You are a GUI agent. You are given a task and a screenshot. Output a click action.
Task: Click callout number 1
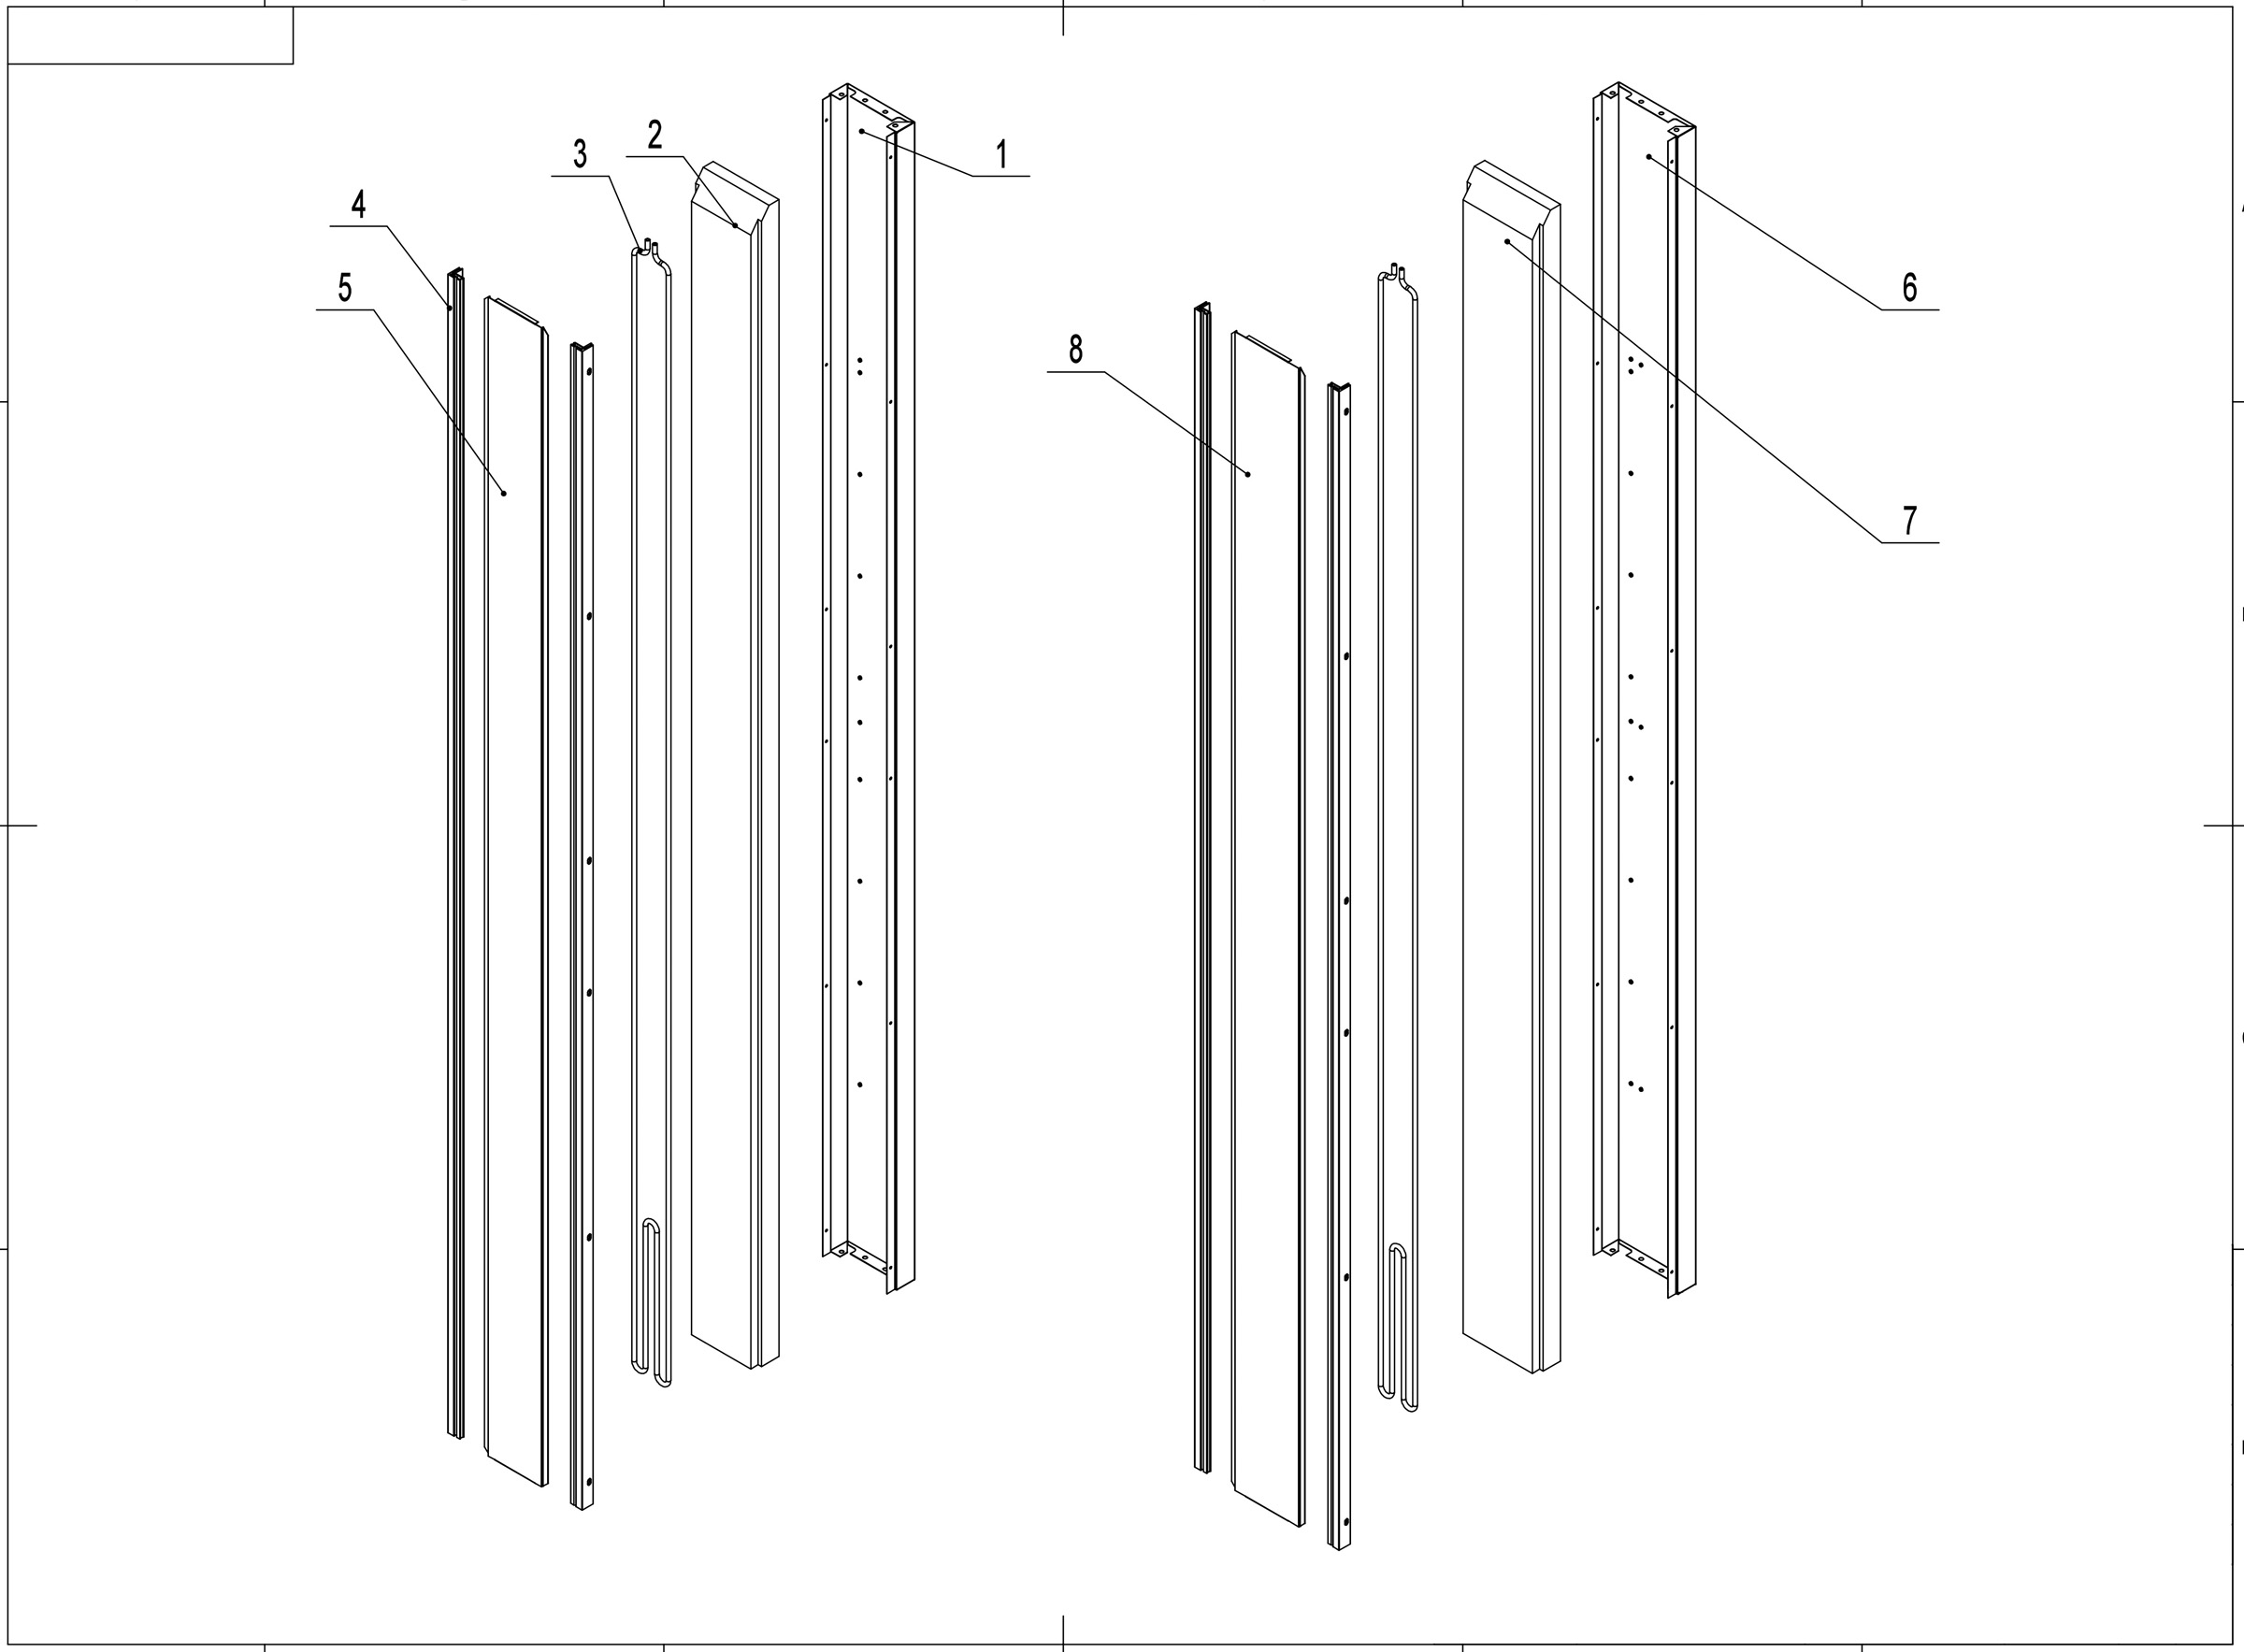tap(1001, 156)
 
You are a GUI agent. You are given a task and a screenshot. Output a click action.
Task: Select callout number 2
tap(655, 136)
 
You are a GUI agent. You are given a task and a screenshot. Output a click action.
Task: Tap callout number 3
tap(580, 155)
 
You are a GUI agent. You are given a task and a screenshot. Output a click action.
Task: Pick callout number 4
tap(358, 206)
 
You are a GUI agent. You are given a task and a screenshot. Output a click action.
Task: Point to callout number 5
tap(345, 288)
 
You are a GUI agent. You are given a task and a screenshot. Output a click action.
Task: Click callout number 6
tap(1909, 288)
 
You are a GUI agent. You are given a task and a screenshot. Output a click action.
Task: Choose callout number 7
tap(1909, 521)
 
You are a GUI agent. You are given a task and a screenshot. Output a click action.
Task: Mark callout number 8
tap(1075, 350)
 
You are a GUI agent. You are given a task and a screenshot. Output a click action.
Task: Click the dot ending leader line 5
tap(504, 493)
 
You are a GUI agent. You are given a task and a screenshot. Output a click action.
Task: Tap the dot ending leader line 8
tap(1248, 474)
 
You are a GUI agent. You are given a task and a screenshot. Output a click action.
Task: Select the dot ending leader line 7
tap(1507, 241)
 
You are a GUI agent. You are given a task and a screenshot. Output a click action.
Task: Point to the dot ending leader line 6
tap(1649, 157)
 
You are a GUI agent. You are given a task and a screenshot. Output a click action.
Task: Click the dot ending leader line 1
tap(861, 131)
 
